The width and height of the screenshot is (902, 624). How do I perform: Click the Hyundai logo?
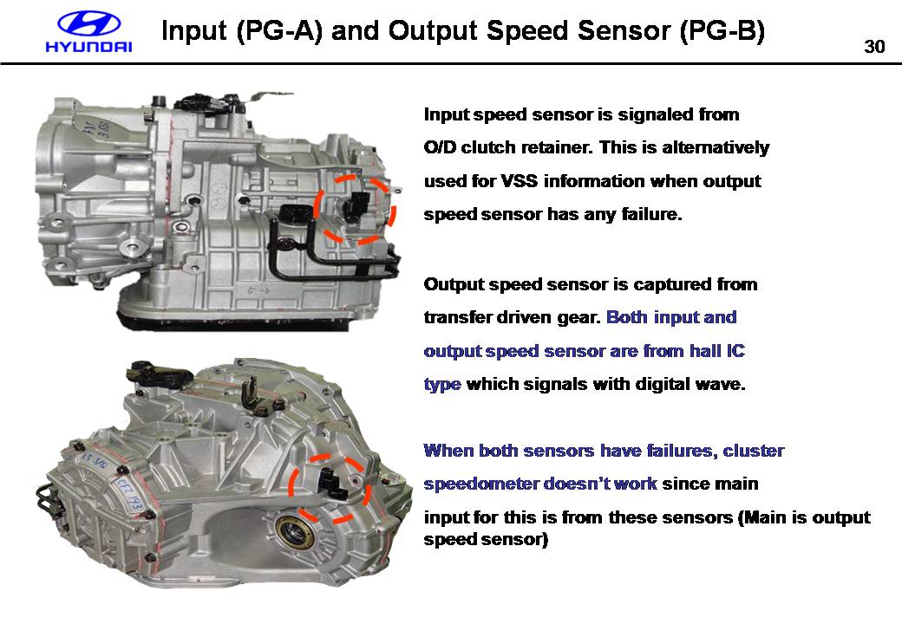88,32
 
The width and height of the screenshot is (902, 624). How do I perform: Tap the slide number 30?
874,47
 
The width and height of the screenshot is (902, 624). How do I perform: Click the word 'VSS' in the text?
519,181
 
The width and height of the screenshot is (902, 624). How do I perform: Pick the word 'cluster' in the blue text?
754,451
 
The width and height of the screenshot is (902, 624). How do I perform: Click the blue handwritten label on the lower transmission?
129,494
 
